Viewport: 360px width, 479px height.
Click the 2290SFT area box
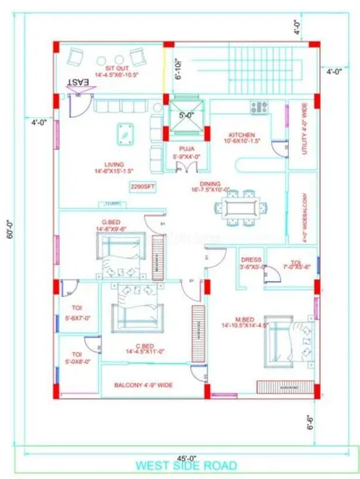click(142, 187)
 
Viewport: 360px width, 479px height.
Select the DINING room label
click(210, 185)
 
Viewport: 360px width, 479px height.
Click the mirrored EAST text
click(77, 82)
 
